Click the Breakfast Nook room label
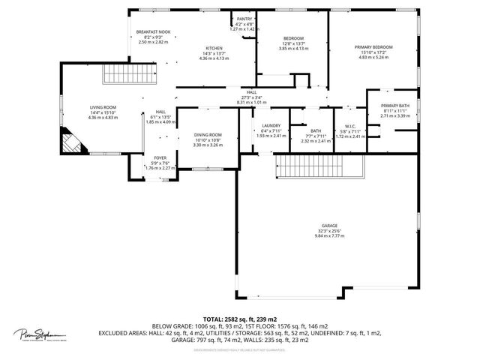(154, 32)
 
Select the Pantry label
(244, 19)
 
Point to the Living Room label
(102, 108)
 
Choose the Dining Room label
(208, 135)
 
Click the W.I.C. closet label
(349, 126)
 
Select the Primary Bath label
(394, 106)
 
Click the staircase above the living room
(120, 75)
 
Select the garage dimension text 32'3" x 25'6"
(329, 231)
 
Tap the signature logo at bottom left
(41, 334)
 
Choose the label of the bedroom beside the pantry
(292, 37)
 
